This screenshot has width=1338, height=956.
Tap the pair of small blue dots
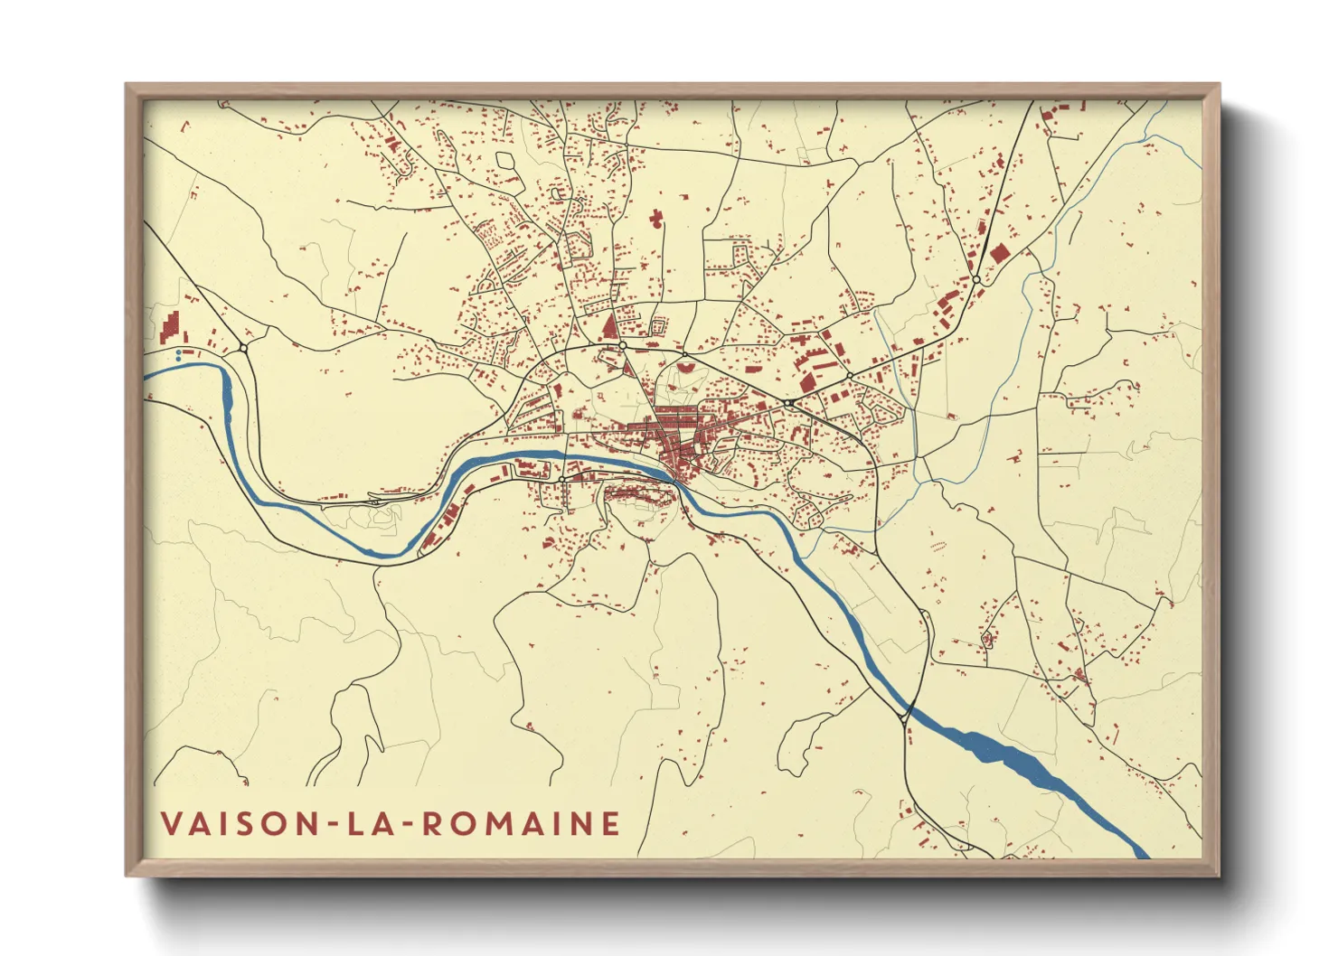point(179,355)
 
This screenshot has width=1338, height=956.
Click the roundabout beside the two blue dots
point(243,348)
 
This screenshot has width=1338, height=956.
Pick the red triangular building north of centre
point(608,326)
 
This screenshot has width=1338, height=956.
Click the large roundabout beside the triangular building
point(623,345)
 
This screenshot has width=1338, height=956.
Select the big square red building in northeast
point(998,252)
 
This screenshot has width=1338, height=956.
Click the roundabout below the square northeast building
point(976,281)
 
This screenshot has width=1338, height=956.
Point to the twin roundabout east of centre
point(789,402)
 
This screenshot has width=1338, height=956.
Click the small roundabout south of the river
point(562,479)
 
